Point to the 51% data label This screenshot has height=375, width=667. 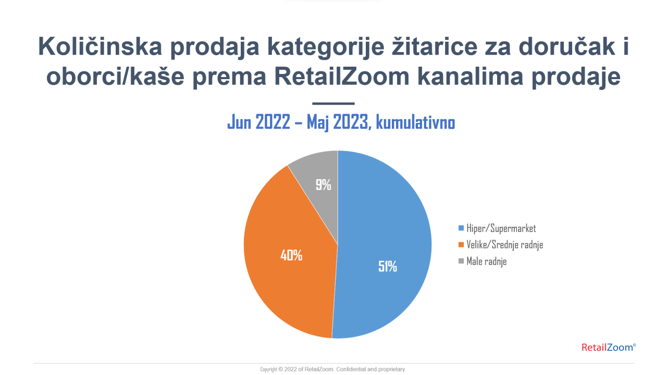pos(387,266)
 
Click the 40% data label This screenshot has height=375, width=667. pos(291,255)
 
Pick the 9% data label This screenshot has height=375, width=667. pos(324,184)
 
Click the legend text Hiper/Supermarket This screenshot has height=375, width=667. pos(501,228)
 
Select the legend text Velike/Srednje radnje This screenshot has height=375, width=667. pos(505,245)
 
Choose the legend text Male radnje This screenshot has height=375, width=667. pos(487,261)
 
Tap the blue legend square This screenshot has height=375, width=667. pos(461,228)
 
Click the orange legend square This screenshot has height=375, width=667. pos(461,245)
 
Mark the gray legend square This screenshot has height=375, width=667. pos(461,261)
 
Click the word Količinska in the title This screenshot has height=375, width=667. pos(100,46)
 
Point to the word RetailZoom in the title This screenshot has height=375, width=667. pos(342,76)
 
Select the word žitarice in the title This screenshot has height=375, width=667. pos(435,46)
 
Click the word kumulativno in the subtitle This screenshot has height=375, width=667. pos(415,122)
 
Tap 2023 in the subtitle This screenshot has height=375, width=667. pos(352,122)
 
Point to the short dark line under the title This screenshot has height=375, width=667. pos(333,104)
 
